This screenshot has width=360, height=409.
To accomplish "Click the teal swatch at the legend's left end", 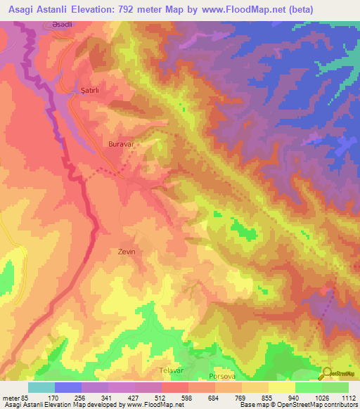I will [x=41, y=387].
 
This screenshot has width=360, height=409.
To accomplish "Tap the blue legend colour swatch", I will [x=68, y=387].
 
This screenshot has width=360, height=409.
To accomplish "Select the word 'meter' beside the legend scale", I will [x=9, y=398].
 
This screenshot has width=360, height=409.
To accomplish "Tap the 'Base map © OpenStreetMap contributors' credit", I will [x=297, y=405].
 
